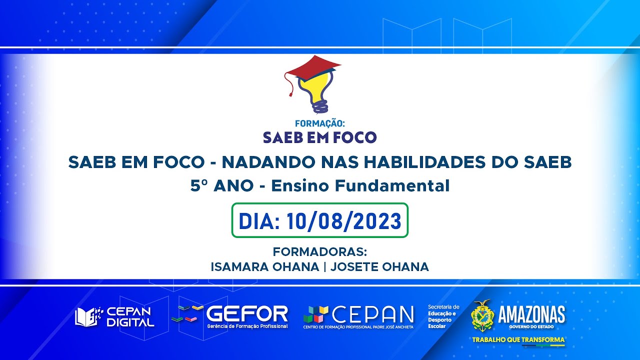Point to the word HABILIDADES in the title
(419, 162)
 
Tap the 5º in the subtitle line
(199, 186)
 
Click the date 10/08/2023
(344, 221)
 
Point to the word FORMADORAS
(320, 251)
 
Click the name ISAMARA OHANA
(264, 267)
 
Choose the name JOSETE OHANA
(380, 267)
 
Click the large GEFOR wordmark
(247, 313)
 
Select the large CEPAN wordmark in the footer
(373, 314)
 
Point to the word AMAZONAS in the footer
(531, 314)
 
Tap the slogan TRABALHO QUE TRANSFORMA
(518, 340)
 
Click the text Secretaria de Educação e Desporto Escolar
(443, 316)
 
